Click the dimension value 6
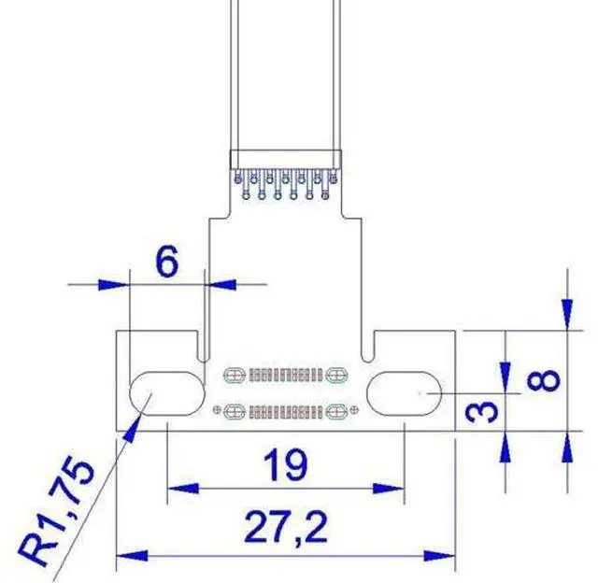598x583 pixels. (x=167, y=262)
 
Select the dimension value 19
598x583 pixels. (x=285, y=464)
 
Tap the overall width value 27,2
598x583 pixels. (x=285, y=527)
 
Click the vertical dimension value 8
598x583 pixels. (x=544, y=380)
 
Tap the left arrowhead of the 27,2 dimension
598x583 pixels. (x=132, y=556)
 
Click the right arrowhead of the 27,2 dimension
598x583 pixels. (x=440, y=556)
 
